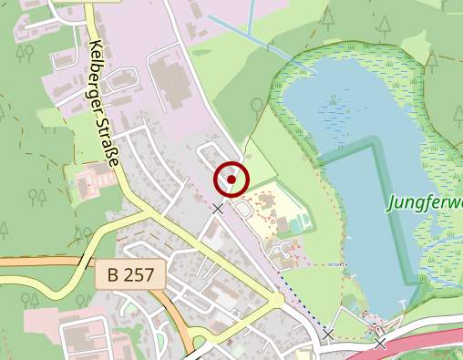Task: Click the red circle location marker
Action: coord(231,179)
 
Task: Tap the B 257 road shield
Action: coord(130,274)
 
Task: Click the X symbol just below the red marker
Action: coord(218,209)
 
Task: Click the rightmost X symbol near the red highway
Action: coord(380,343)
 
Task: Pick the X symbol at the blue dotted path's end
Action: coord(328,334)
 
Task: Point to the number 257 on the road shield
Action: coord(140,274)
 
